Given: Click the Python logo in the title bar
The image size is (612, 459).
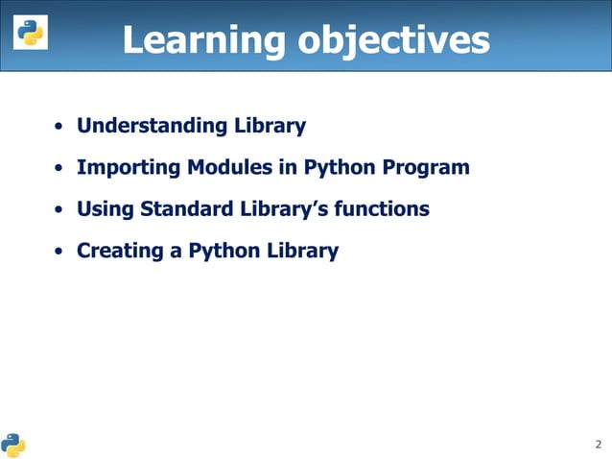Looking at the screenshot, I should pyautogui.click(x=29, y=35).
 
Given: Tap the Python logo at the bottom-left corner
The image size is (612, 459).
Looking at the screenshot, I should pyautogui.click(x=13, y=445).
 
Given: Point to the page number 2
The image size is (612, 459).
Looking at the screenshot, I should pyautogui.click(x=599, y=445).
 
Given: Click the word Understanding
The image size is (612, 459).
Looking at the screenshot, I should pyautogui.click(x=152, y=126).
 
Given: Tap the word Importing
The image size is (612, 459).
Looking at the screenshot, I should pyautogui.click(x=129, y=168).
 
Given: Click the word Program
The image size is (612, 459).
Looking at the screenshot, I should pyautogui.click(x=426, y=168).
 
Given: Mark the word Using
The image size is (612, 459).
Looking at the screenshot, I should pyautogui.click(x=106, y=209).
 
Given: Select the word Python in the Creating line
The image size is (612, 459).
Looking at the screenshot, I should pyautogui.click(x=224, y=252).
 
